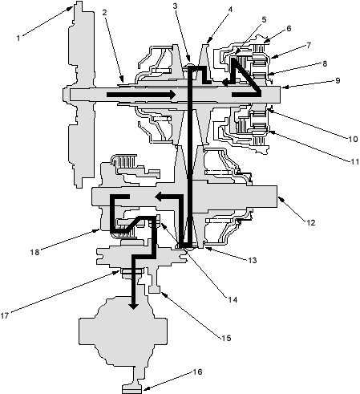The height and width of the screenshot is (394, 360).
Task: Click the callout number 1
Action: pyautogui.click(x=18, y=38)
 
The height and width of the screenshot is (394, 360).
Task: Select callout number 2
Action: pyautogui.click(x=104, y=12)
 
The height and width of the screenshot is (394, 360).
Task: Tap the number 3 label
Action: pyautogui.click(x=175, y=6)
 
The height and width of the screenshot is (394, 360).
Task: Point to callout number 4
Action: pyautogui.click(x=230, y=10)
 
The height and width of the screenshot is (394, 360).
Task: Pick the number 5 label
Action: pyautogui.click(x=264, y=19)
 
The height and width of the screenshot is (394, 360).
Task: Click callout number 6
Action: pyautogui.click(x=289, y=28)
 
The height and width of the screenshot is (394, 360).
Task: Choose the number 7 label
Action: pyautogui.click(x=309, y=45)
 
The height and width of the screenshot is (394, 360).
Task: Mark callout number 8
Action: pyautogui.click(x=325, y=63)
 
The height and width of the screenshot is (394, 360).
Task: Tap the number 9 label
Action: pyautogui.click(x=338, y=80)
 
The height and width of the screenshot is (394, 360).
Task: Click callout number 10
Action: pyautogui.click(x=353, y=139)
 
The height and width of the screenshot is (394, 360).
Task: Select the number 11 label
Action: pyautogui.click(x=354, y=161)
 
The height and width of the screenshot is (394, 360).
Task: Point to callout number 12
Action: pyautogui.click(x=311, y=222)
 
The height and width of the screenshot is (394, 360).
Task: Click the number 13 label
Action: pyautogui.click(x=252, y=260)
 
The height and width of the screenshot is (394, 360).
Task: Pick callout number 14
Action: pyautogui.click(x=233, y=300)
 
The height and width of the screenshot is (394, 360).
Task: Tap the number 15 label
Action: pyautogui.click(x=226, y=338)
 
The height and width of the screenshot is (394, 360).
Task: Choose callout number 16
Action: pyautogui.click(x=197, y=372)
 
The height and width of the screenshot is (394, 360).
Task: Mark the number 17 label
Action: pyautogui.click(x=5, y=316)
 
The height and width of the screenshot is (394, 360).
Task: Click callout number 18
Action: pyautogui.click(x=34, y=252)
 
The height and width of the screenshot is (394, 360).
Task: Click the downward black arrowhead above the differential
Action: pyautogui.click(x=133, y=306)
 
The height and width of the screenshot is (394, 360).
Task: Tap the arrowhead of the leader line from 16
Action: pyautogui.click(x=144, y=388)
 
